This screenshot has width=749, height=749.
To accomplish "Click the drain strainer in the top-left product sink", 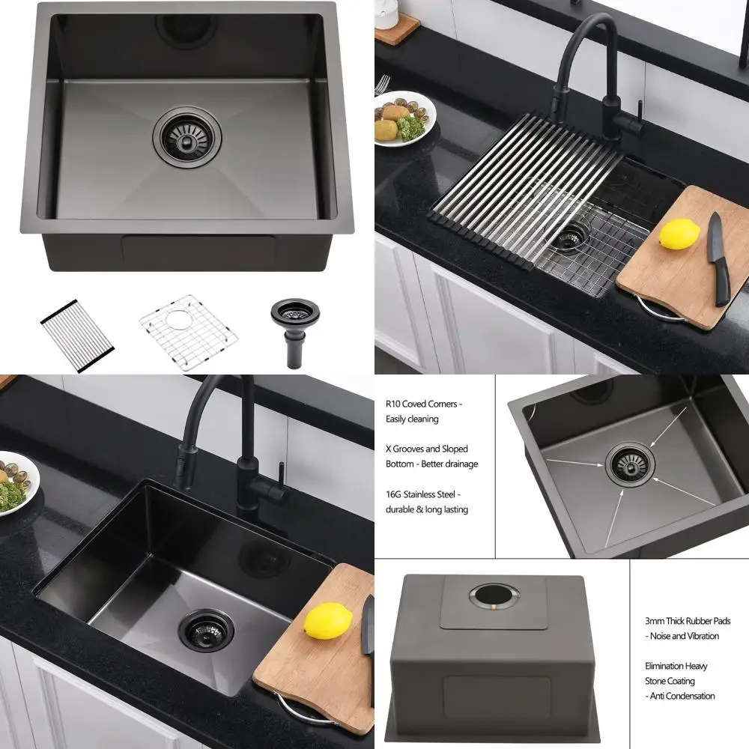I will click(x=188, y=133).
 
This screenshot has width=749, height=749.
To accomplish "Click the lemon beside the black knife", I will click(x=679, y=235).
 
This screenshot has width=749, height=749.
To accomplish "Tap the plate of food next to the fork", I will click(x=404, y=118).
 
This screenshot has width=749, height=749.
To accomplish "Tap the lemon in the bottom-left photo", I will click(x=328, y=621).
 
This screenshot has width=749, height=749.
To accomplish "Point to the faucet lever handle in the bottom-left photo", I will click(x=279, y=479).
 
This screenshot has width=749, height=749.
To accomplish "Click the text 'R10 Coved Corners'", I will click(x=424, y=404).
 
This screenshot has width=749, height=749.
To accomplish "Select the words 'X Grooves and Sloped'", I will click(x=426, y=449).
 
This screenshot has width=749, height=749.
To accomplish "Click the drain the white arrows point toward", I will click(x=630, y=463).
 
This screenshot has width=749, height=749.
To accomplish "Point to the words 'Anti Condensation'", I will click(x=683, y=696).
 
